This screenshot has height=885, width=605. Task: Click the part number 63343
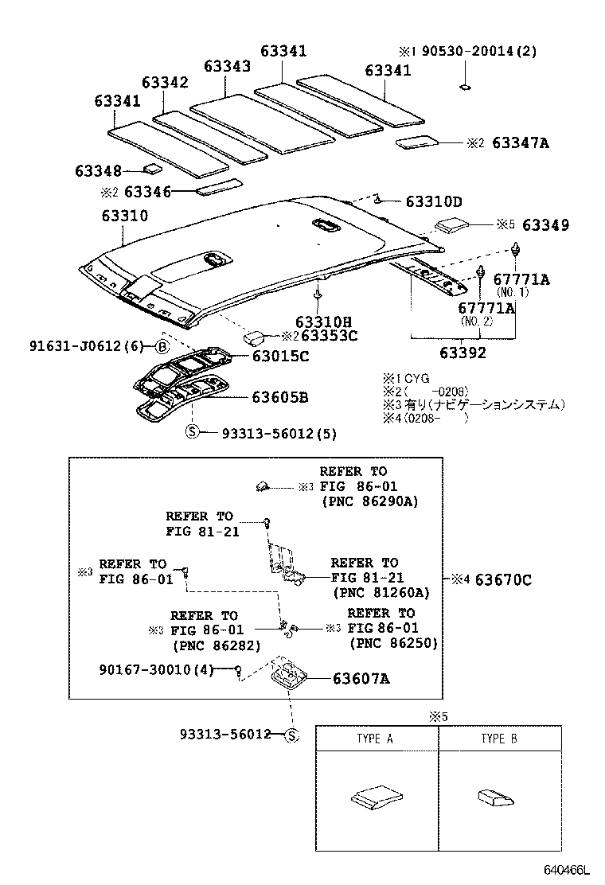click(227, 66)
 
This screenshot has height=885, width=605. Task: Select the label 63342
click(165, 83)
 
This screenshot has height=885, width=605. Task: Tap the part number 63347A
click(521, 143)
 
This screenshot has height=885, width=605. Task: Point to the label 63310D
click(434, 202)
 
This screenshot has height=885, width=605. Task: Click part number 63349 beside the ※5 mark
click(545, 225)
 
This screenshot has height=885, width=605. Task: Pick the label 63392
click(463, 353)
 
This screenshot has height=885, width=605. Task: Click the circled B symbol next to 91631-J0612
click(161, 346)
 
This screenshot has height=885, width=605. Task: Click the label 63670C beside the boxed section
click(502, 579)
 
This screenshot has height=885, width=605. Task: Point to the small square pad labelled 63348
click(152, 169)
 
